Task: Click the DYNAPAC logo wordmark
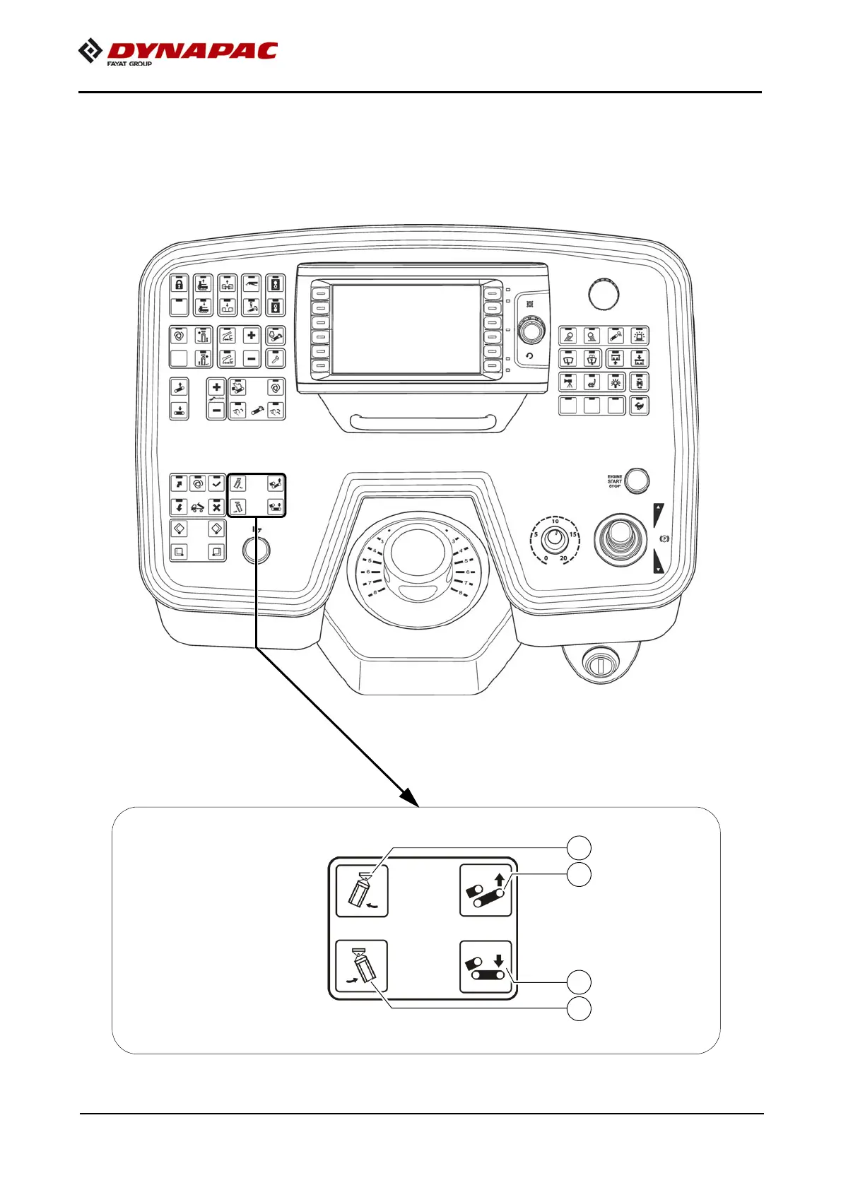(192, 51)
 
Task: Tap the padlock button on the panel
(180, 285)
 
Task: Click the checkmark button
(217, 484)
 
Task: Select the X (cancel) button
(217, 507)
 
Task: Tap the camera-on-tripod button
(569, 382)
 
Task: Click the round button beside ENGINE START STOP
(637, 480)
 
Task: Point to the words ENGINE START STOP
(615, 481)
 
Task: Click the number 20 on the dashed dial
(563, 558)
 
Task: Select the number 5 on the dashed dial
(536, 534)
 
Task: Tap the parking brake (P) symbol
(663, 539)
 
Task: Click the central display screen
(406, 329)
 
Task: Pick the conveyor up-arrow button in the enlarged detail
(486, 890)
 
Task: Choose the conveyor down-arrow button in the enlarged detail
(486, 967)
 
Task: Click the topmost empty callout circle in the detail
(580, 847)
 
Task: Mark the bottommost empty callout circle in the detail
(580, 1008)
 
